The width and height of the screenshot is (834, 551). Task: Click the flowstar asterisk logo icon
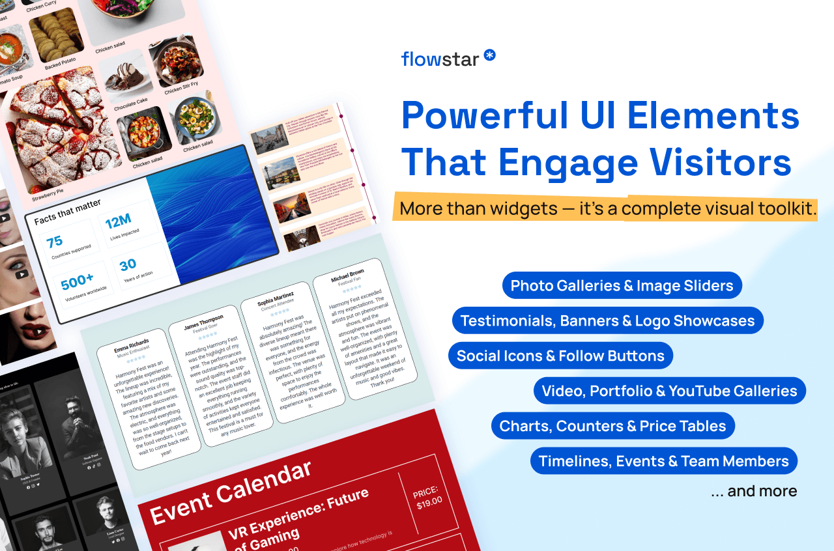click(489, 55)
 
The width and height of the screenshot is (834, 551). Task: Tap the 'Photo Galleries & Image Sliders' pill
click(622, 285)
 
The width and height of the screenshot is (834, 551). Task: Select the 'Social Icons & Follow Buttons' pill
click(560, 356)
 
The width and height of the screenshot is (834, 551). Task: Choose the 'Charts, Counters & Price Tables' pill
click(612, 426)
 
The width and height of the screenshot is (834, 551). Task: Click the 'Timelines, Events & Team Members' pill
click(663, 461)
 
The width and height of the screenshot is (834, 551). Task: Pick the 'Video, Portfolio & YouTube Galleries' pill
click(669, 391)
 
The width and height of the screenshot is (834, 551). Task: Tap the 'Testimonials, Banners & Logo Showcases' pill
click(607, 320)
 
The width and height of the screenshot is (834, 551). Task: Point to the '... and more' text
click(754, 491)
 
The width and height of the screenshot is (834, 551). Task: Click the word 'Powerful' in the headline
click(485, 115)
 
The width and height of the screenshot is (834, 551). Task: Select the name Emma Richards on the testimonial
click(131, 345)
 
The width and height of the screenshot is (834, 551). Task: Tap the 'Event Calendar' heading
click(231, 490)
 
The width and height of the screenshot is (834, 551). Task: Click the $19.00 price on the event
click(429, 501)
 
